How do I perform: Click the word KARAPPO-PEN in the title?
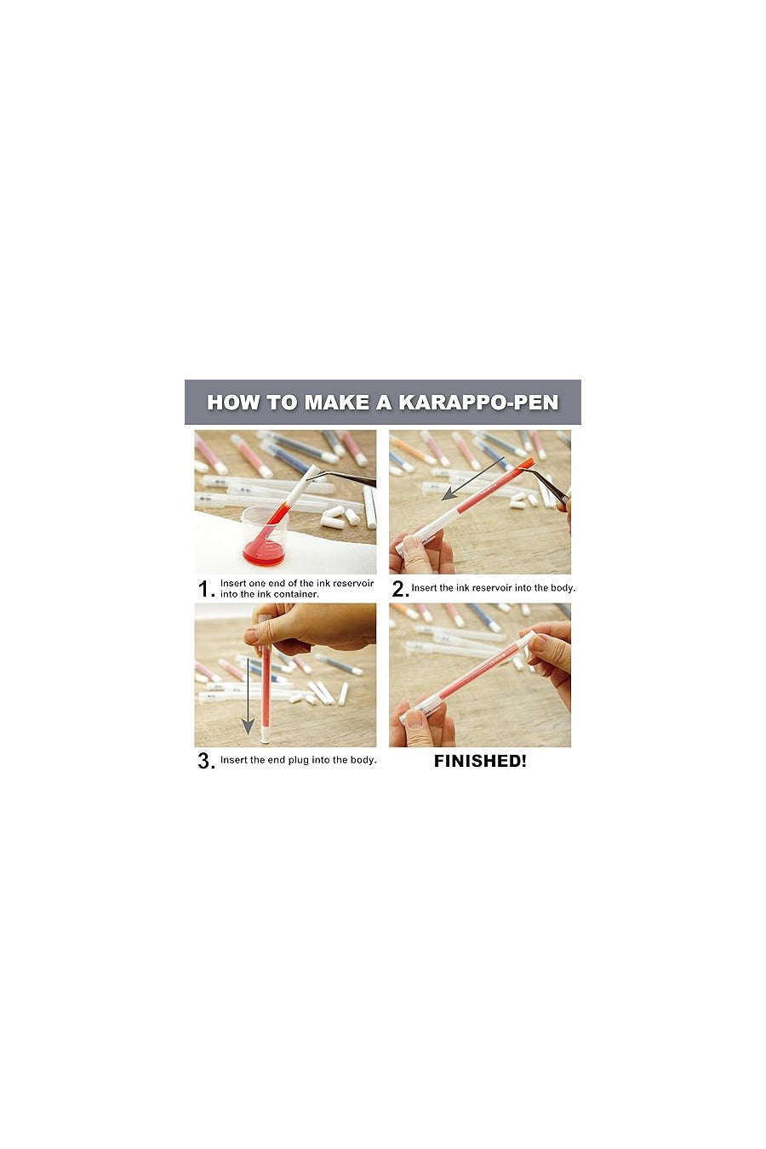point(478,403)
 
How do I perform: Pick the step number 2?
point(399,589)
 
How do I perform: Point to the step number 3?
point(205,761)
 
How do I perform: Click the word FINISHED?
point(480,762)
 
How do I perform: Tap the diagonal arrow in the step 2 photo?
point(473,479)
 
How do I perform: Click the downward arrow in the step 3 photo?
point(248,694)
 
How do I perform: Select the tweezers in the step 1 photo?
point(345,477)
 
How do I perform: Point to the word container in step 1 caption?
point(295,594)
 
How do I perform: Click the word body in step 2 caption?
point(561,588)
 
